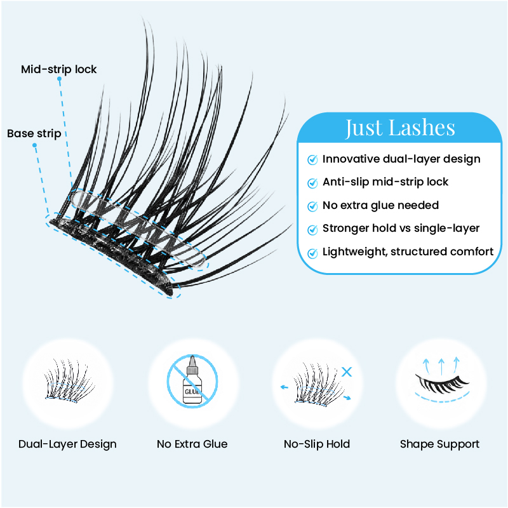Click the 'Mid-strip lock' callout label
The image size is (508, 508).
coord(58,69)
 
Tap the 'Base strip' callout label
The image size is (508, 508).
coord(34,133)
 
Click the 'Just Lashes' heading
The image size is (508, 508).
coord(400,128)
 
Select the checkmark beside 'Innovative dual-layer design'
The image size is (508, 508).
coord(312,159)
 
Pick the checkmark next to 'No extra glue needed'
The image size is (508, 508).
coord(312,206)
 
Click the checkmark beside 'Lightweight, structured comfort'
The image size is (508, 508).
coord(312,253)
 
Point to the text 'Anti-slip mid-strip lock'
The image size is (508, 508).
coord(385,182)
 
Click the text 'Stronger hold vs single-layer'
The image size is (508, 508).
coord(401,229)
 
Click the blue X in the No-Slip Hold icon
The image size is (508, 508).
coord(347,371)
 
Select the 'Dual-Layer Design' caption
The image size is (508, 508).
coord(67,444)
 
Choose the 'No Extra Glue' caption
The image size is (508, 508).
coord(192,444)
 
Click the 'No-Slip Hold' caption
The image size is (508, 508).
coord(317,444)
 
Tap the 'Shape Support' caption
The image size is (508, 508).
coord(439,444)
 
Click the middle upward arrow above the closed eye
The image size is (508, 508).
coord(441,366)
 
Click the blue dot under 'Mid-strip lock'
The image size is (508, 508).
coord(59,79)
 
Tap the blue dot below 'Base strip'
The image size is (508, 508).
coord(34,145)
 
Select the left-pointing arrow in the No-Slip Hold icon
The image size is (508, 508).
coord(284,387)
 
